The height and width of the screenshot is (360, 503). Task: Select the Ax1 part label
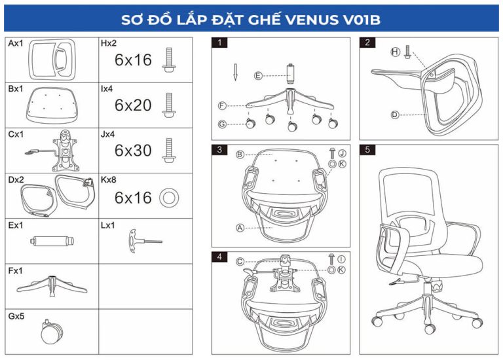click(16, 43)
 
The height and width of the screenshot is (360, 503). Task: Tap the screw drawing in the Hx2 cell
click(169, 60)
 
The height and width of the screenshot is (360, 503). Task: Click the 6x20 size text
click(133, 105)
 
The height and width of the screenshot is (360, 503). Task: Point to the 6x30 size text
click(133, 151)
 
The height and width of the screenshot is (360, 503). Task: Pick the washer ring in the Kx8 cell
click(169, 198)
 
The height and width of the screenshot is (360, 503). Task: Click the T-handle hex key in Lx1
click(145, 241)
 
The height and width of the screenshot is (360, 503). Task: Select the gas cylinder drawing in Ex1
click(52, 241)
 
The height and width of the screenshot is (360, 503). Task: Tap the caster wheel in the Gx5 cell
click(52, 332)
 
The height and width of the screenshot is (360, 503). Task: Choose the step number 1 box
click(219, 43)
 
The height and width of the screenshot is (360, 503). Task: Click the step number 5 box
click(367, 150)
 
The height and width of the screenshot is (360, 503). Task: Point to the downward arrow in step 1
click(235, 72)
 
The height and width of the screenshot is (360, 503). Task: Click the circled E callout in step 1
click(258, 76)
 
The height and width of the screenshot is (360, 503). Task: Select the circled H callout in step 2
click(395, 52)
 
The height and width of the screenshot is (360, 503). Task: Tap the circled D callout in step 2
click(395, 115)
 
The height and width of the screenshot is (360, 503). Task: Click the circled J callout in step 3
click(343, 153)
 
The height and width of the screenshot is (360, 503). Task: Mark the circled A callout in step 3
click(240, 228)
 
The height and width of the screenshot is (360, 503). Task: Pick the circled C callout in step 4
click(240, 262)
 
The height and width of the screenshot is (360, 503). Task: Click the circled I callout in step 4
click(341, 259)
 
